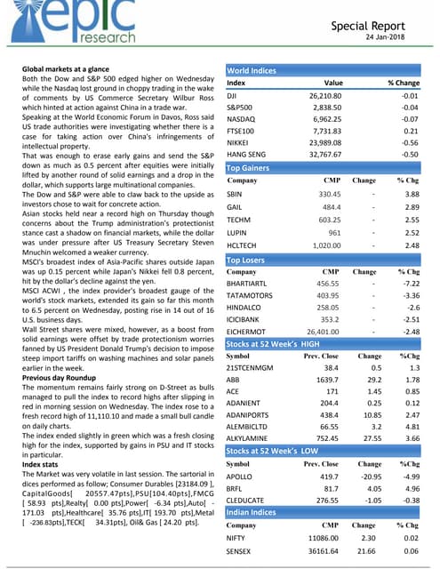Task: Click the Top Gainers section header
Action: [x=252, y=167]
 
